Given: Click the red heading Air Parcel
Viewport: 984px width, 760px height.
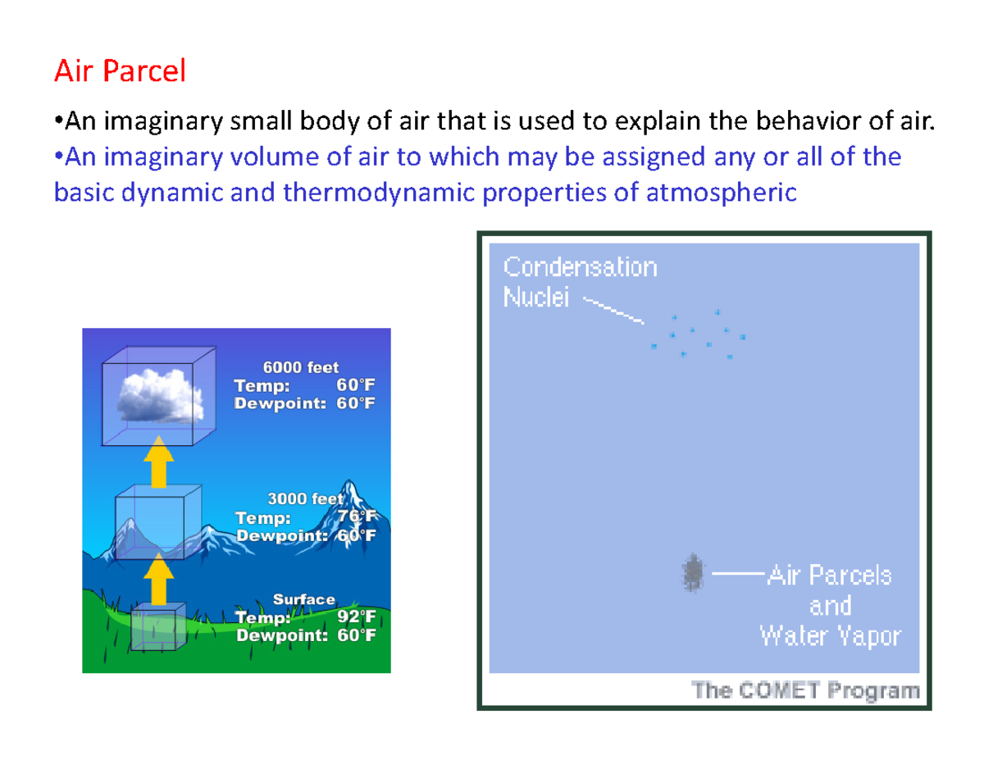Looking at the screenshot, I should (x=120, y=72).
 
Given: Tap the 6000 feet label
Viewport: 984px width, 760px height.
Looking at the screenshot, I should (x=300, y=368).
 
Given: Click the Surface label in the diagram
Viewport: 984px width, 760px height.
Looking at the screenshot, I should (x=303, y=600).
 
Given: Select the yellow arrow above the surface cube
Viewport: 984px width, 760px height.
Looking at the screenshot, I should (x=157, y=579).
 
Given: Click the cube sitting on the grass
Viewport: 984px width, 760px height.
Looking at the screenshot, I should (x=157, y=628).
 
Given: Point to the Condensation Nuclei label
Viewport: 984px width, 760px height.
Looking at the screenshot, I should (x=579, y=281).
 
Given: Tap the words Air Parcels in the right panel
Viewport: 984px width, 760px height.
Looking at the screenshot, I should (x=829, y=576).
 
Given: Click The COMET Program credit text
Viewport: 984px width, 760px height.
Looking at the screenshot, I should (x=806, y=690).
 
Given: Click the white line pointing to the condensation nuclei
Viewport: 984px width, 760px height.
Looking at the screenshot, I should (x=613, y=308).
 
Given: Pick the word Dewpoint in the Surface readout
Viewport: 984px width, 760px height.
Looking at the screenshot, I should (x=278, y=635).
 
